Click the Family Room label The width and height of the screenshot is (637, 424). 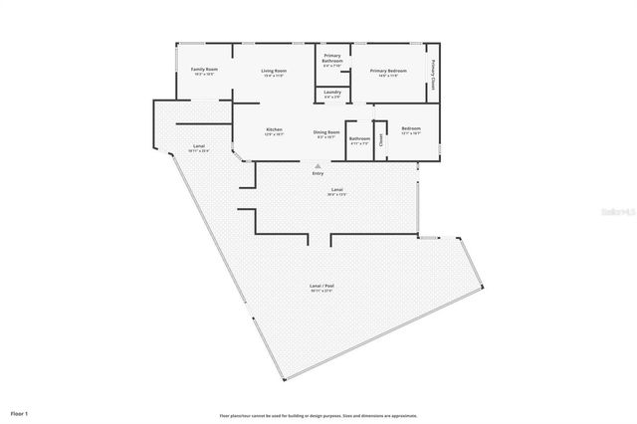(204, 69)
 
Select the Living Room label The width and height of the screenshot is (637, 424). (275, 71)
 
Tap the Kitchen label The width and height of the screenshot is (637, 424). (275, 130)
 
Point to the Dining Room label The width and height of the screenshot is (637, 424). (327, 132)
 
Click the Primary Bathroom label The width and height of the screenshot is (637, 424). (332, 59)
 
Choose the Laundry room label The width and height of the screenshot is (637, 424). (332, 92)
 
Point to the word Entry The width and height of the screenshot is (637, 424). (318, 173)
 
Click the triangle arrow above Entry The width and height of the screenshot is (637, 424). (318, 165)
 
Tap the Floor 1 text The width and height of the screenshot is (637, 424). (20, 412)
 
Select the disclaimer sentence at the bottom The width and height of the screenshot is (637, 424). (318, 415)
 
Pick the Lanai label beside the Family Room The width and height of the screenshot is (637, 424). (197, 147)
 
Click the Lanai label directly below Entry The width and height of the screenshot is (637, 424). (337, 190)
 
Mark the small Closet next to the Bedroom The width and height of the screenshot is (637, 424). (381, 140)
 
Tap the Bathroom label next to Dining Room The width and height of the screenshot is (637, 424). (359, 138)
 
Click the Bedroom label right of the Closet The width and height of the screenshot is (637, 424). (411, 129)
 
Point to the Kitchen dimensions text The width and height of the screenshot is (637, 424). (275, 134)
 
